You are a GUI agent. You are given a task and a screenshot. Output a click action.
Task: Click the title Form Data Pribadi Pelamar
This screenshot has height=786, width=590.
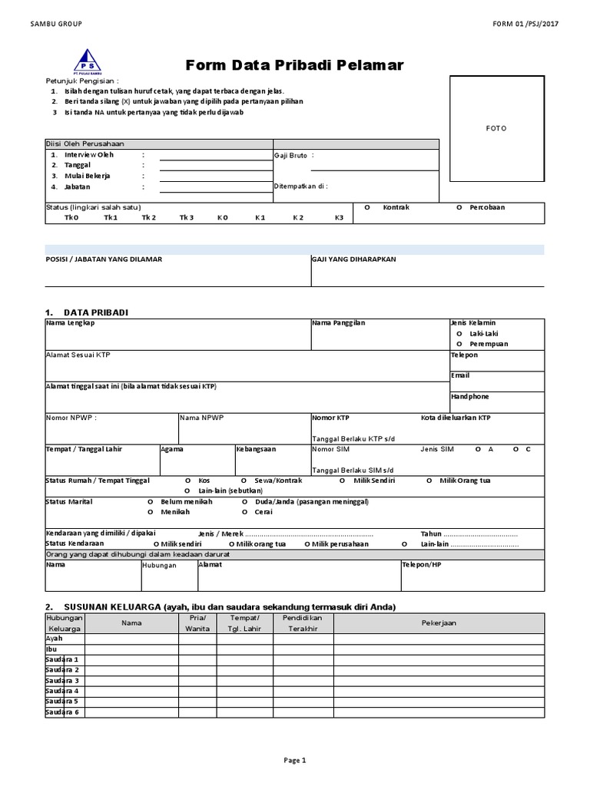[x=294, y=65]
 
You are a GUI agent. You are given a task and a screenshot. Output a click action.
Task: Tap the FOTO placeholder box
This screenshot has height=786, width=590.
[x=496, y=128]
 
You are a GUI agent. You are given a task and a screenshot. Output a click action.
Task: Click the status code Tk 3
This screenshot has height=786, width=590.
[x=187, y=218]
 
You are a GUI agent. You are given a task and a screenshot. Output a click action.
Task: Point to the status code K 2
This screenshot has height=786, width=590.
[x=298, y=218]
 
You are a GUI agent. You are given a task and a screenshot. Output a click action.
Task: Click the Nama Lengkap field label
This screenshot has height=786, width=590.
[x=70, y=323]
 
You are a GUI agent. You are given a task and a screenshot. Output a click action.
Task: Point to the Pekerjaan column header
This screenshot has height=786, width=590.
[x=439, y=623]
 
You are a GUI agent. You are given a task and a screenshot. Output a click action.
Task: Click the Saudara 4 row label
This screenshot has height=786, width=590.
[x=62, y=691]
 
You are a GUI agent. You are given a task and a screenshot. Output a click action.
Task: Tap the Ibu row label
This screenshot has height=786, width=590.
[x=51, y=649]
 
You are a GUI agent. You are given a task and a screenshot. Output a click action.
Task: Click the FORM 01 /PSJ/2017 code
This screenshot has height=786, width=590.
[x=526, y=24]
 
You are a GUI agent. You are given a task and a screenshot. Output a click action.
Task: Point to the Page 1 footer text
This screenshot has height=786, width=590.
[x=295, y=761]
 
